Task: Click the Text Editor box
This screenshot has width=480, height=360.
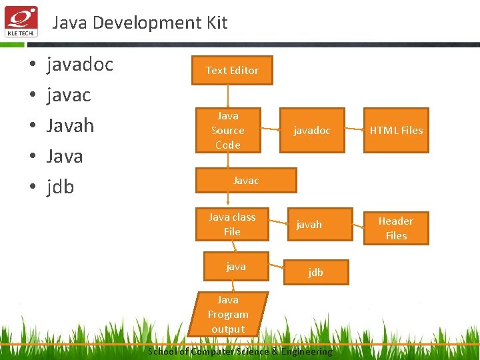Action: click(x=232, y=70)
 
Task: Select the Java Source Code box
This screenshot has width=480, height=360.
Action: click(x=228, y=130)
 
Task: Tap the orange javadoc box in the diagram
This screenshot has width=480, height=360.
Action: click(x=312, y=130)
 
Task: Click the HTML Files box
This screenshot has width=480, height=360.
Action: click(x=396, y=130)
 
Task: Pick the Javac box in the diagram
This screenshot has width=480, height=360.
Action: click(x=246, y=180)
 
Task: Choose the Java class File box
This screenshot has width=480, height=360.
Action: click(x=232, y=224)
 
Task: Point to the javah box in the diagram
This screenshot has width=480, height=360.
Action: click(x=309, y=225)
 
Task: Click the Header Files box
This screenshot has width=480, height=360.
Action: click(x=396, y=228)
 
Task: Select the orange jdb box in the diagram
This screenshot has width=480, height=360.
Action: click(x=315, y=272)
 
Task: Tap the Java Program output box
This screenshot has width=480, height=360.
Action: click(x=228, y=314)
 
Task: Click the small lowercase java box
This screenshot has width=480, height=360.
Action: click(x=236, y=267)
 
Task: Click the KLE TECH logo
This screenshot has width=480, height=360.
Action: click(x=21, y=21)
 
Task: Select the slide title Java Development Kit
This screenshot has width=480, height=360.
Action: click(x=140, y=23)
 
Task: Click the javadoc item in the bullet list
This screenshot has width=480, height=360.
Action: click(x=80, y=65)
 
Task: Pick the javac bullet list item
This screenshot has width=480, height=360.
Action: click(x=69, y=95)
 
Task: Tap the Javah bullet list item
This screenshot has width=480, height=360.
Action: click(x=70, y=126)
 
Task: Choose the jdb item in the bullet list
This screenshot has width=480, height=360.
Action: click(x=60, y=187)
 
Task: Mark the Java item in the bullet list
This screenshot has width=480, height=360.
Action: click(x=65, y=157)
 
